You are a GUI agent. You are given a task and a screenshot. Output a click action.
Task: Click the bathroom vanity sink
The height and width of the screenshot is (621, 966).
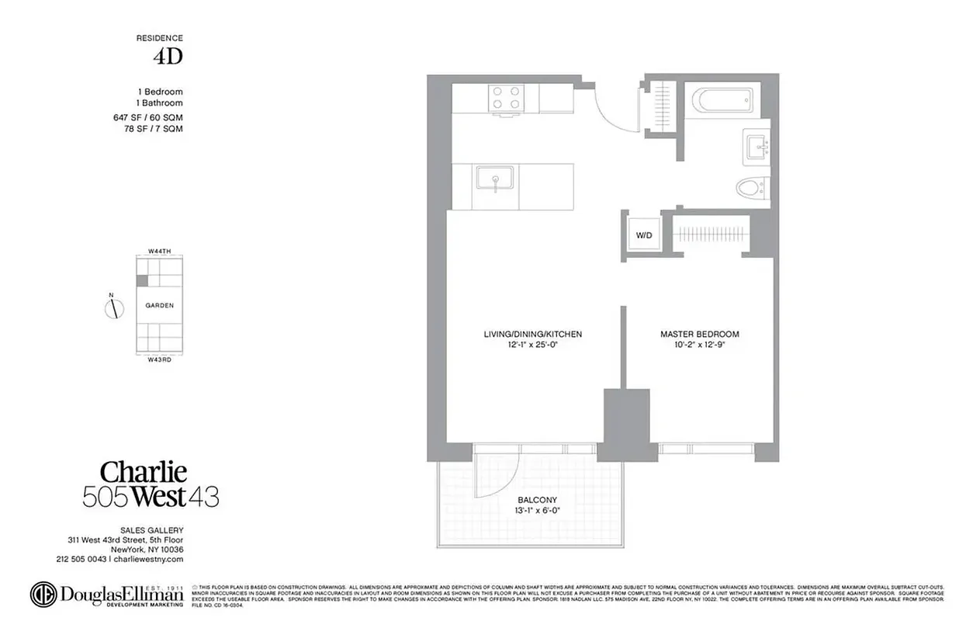point(756,145)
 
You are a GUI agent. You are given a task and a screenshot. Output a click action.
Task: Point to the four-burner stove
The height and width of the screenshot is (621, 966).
point(507,99)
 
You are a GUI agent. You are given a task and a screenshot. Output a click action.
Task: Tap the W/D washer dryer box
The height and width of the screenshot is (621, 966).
point(644,234)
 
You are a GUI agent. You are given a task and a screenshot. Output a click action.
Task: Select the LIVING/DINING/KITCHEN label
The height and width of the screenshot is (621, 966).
point(532,335)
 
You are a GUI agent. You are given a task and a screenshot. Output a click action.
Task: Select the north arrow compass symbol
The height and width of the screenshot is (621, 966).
point(115,307)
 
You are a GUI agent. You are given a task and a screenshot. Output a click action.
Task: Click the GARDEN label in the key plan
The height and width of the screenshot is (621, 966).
point(159,306)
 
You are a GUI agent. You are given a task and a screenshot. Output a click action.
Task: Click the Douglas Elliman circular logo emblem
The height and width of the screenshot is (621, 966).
point(43,594)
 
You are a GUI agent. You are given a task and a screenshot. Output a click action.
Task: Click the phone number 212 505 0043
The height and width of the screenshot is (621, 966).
point(81,559)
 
